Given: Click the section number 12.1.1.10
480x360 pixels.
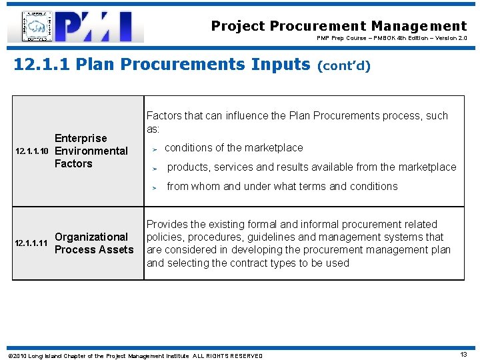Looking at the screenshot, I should click(32, 151).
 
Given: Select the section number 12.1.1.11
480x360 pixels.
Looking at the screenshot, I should click(31, 243).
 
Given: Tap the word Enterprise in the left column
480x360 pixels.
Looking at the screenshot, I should click(81, 138).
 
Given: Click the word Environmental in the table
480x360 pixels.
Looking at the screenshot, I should click(91, 151).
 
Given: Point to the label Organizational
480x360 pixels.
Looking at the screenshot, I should click(91, 237).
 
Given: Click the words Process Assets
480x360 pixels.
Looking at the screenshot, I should click(94, 249).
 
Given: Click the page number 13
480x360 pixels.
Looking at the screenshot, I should click(464, 355).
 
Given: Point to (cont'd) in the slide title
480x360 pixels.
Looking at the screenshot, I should click(344, 65).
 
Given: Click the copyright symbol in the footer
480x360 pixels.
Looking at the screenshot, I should click(9, 356).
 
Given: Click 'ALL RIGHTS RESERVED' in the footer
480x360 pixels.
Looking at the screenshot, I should click(228, 356).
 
